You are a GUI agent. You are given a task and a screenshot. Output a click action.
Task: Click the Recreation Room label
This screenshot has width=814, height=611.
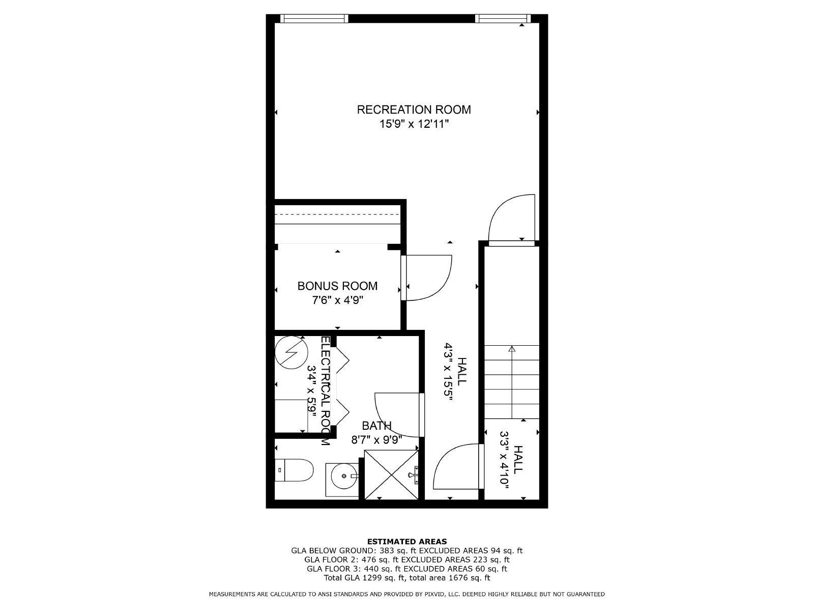(414, 109)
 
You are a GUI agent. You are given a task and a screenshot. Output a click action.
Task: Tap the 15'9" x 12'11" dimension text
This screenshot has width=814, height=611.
(414, 124)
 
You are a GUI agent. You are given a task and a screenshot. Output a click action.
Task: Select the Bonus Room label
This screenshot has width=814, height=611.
(337, 286)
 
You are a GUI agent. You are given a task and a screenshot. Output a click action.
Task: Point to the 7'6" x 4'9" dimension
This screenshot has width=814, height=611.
(337, 300)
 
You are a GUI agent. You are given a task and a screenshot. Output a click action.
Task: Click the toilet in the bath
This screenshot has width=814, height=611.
(294, 470)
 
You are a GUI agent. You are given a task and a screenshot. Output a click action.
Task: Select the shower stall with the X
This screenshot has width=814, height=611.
(392, 475)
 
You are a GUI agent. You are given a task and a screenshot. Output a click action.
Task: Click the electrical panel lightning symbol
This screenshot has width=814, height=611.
(292, 352)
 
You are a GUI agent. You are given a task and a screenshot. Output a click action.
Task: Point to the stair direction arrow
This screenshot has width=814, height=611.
(512, 382)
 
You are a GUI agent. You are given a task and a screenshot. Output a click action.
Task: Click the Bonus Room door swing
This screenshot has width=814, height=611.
(441, 289)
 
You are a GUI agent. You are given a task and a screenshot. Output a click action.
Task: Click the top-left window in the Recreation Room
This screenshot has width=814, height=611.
(314, 18)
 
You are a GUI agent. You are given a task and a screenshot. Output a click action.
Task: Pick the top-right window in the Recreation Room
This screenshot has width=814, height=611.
(503, 18)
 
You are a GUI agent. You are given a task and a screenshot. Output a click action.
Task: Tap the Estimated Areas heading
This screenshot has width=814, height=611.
(407, 542)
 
